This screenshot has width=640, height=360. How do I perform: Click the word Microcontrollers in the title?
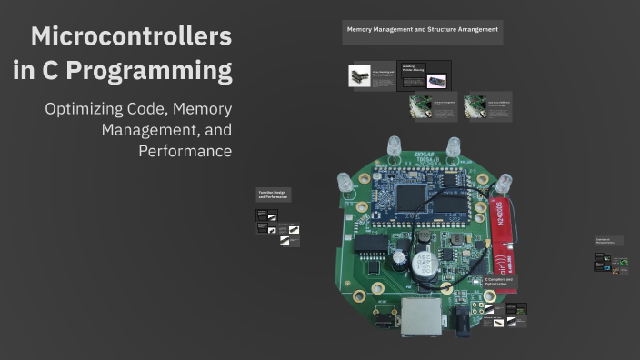131,37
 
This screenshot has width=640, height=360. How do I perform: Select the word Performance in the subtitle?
185,150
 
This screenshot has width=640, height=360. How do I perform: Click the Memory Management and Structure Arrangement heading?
422,30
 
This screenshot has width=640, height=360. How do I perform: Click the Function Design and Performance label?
273,195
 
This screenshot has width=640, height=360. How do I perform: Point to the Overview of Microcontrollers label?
605,241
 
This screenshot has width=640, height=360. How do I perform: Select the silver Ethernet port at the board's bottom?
420,315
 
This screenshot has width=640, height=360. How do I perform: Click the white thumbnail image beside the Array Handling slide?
359,75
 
